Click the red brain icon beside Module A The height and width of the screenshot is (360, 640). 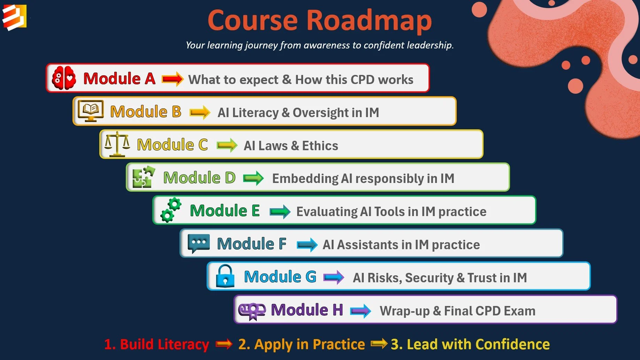[x=64, y=78]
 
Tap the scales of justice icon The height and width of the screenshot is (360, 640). [x=117, y=144]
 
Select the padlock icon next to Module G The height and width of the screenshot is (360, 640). [x=225, y=276]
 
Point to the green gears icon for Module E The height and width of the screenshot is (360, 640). [x=171, y=210]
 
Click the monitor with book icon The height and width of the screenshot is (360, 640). [x=91, y=111]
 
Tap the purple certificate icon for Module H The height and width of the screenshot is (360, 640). [x=252, y=310]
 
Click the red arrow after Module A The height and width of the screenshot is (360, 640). [x=173, y=79]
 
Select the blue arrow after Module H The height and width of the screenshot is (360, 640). [x=361, y=311]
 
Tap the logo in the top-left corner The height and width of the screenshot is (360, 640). [x=14, y=17]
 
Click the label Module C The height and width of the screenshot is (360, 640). [x=172, y=145]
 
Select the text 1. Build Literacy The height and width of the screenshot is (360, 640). [x=156, y=344]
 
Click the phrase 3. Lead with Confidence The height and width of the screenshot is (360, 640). [x=470, y=344]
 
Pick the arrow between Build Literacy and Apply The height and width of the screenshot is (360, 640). [x=224, y=344]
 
